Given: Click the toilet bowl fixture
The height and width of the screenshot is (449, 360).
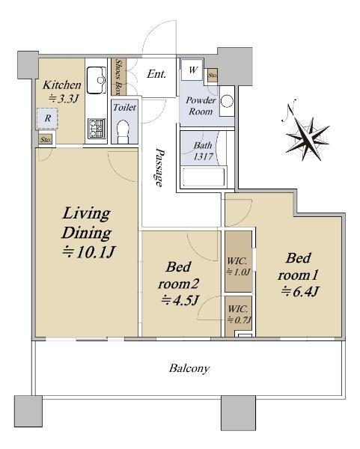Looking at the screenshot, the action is (123, 131).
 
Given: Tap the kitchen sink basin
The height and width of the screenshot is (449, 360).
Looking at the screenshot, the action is (97, 80).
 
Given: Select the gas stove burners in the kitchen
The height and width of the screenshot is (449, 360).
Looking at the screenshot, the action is (97, 129).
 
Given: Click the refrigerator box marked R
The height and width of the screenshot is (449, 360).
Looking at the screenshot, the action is (47, 118).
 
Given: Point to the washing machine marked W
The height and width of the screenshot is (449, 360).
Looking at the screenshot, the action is (192, 70).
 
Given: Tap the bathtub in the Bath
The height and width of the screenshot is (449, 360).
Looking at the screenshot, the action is (204, 177).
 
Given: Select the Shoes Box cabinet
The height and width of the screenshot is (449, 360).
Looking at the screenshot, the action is (118, 77).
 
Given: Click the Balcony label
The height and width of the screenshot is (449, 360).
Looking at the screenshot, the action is (189, 368).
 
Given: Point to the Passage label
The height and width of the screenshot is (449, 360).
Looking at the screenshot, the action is (159, 168).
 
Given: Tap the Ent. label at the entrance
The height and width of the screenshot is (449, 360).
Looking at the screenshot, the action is (156, 74).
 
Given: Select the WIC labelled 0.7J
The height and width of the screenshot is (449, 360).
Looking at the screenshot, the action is (238, 314).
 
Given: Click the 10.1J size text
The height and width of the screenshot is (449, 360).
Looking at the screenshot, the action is (88, 252).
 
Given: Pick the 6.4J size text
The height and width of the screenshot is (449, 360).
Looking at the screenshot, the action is (299, 292).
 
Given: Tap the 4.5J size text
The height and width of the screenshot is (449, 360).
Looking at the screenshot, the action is (180, 300).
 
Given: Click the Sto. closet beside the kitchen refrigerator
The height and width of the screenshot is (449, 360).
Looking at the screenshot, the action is (46, 140).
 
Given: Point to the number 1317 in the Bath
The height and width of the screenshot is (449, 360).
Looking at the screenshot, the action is (203, 156).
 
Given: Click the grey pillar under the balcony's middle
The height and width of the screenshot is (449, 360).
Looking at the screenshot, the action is (238, 413).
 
